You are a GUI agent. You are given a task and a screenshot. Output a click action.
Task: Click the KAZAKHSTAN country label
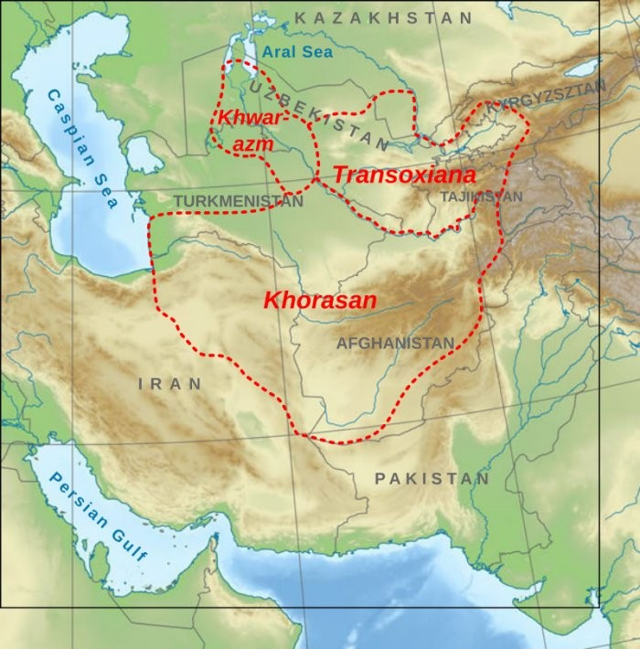click(x=384, y=17)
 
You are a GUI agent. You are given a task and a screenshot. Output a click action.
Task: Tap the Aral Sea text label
click(x=297, y=52)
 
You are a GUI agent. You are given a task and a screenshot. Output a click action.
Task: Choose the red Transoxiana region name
click(x=404, y=174)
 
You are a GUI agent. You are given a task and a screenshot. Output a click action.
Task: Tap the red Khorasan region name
click(x=320, y=300)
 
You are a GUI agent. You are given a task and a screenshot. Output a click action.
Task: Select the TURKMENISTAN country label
click(x=238, y=201)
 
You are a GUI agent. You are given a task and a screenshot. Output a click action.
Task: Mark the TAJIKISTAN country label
click(x=481, y=197)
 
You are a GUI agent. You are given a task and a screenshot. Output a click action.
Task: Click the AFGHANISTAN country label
click(x=395, y=343)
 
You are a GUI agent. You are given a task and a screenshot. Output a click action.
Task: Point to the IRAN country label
click(x=170, y=384)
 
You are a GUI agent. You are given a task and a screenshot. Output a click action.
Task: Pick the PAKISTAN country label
click(x=432, y=478)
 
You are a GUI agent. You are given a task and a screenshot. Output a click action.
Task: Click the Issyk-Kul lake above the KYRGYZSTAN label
click(x=581, y=69)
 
